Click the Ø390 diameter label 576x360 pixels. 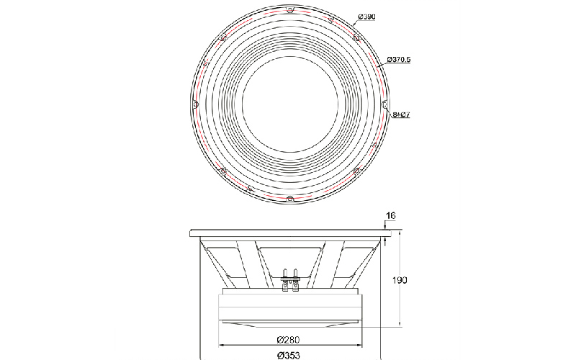tap(366, 17)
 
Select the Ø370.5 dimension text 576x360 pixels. tap(399, 59)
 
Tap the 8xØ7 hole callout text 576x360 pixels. tap(401, 114)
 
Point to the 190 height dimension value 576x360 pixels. tap(400, 280)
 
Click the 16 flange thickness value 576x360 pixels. tap(391, 215)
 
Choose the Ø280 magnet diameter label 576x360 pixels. tap(288, 339)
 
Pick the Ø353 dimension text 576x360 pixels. tap(289, 355)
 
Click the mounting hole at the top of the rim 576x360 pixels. tap(290, 10)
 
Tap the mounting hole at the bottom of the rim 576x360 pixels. tap(290, 199)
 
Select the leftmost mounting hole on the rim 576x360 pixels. tap(195, 104)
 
